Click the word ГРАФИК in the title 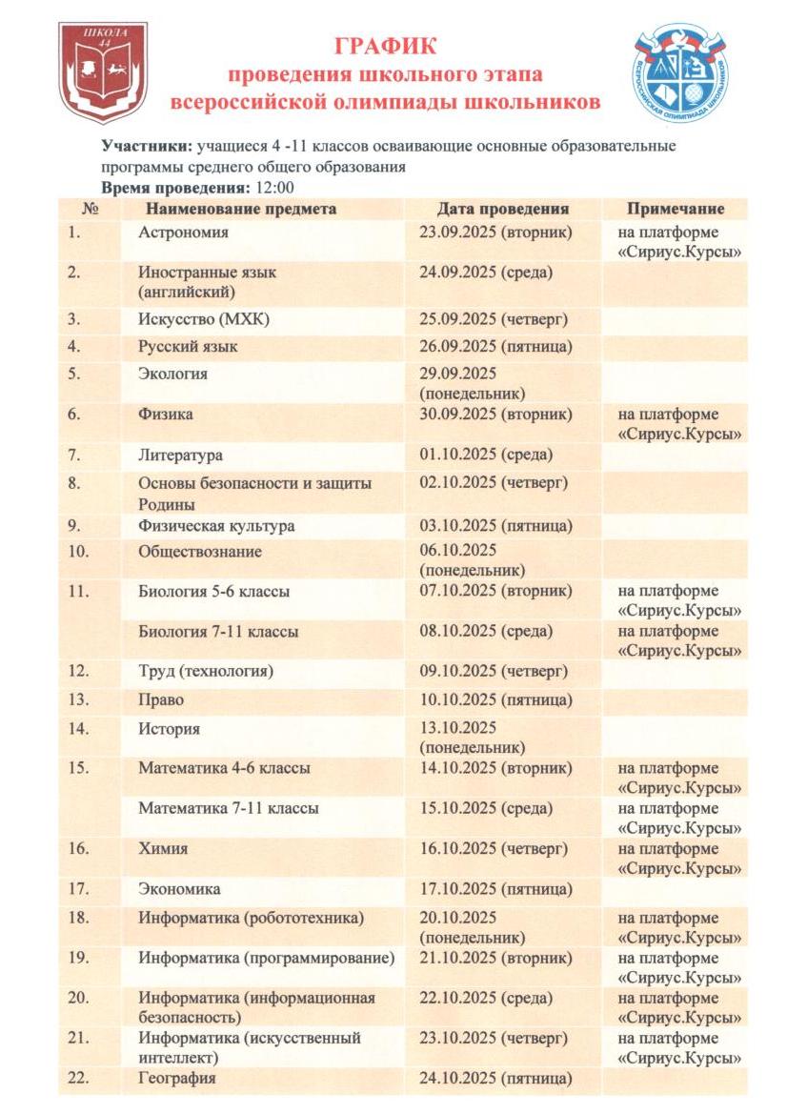385,46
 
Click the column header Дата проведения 503,209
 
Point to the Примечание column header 676,209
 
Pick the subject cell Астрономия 183,232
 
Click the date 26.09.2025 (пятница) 495,347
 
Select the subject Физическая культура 216,526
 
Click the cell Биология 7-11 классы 218,632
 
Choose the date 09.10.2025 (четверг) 494,672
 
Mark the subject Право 161,700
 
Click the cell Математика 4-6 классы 224,769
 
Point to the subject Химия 163,849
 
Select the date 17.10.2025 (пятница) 495,889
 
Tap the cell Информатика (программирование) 266,958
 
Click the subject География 177,1078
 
